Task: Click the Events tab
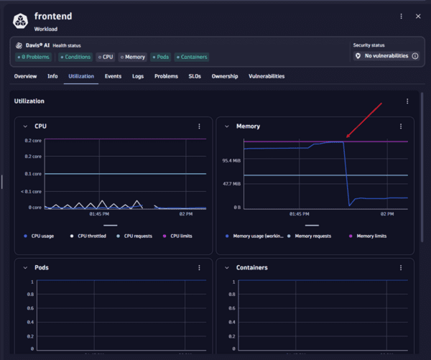[x=113, y=76]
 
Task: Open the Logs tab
[x=138, y=76]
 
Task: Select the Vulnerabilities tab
[x=267, y=76]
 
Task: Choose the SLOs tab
[x=194, y=76]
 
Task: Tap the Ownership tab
[x=225, y=76]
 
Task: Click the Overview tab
[x=25, y=76]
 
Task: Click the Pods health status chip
[x=162, y=57]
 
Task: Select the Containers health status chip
[x=191, y=57]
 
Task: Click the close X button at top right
[x=418, y=17]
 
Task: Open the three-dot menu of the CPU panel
[x=200, y=126]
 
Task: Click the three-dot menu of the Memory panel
[x=401, y=126]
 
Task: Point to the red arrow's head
[x=347, y=137]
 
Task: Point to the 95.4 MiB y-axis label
[x=231, y=161]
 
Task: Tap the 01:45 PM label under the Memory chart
[x=300, y=214]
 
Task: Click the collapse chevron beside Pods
[x=26, y=267]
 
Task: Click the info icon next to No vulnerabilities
[x=414, y=55]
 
